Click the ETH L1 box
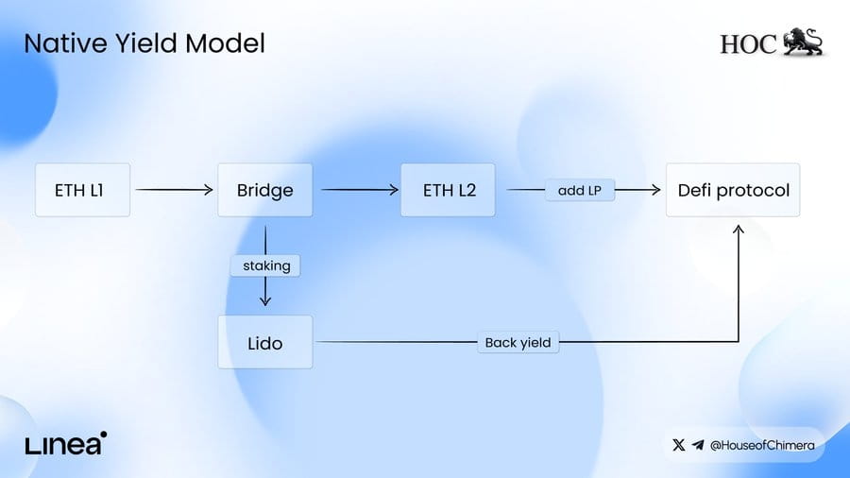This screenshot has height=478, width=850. coord(82,190)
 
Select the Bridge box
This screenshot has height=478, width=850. coord(265,190)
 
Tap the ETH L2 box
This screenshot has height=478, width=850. coord(448,190)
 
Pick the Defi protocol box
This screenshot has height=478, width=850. coord(733,190)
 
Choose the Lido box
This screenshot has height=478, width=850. coord(265,343)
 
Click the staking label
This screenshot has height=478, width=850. coord(265,265)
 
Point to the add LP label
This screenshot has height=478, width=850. coord(580,190)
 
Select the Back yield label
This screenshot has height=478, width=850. coord(518,343)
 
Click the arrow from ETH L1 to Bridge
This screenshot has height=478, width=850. coord(174,190)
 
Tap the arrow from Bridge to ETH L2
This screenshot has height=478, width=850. coord(360,190)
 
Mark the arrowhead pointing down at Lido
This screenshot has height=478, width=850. coord(265,300)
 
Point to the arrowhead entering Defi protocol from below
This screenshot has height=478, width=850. coord(739,230)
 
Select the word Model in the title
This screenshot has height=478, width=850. coord(225,43)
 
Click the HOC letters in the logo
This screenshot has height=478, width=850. coord(749,44)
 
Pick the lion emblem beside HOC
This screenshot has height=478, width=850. coord(803,42)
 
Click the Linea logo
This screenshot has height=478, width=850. coord(65,443)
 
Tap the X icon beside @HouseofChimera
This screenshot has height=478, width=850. coord(678,445)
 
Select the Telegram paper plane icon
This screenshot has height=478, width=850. coord(698,445)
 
